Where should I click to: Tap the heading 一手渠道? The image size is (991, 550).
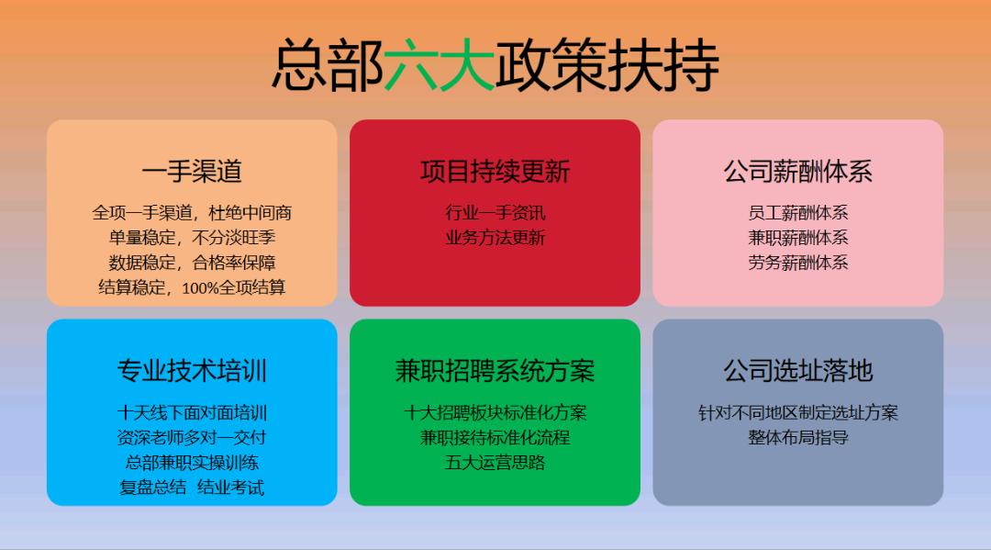(x=192, y=172)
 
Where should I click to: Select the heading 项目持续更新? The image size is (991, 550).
(x=495, y=172)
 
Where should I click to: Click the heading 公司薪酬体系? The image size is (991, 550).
(x=797, y=172)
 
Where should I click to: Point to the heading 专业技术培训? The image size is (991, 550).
(x=192, y=371)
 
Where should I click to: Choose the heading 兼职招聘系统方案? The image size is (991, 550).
(x=495, y=371)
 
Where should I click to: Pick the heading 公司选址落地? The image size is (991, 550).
(x=797, y=371)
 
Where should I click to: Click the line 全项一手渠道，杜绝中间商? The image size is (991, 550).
(x=192, y=213)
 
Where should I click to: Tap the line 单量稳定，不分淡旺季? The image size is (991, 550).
(x=192, y=238)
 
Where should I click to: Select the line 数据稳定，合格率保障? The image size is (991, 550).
(x=192, y=263)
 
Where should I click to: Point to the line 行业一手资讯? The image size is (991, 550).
(x=495, y=213)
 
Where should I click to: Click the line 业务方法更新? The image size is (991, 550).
(x=495, y=238)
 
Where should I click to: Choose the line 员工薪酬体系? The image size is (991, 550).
(x=797, y=213)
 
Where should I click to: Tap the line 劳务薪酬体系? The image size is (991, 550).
(x=797, y=263)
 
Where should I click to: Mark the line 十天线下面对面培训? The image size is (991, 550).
(x=192, y=413)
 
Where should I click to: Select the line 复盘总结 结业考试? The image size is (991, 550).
(x=192, y=488)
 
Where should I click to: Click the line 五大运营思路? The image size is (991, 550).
(x=495, y=463)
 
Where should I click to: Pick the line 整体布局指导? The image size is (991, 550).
(x=797, y=438)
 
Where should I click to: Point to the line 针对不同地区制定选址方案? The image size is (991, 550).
(x=797, y=413)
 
